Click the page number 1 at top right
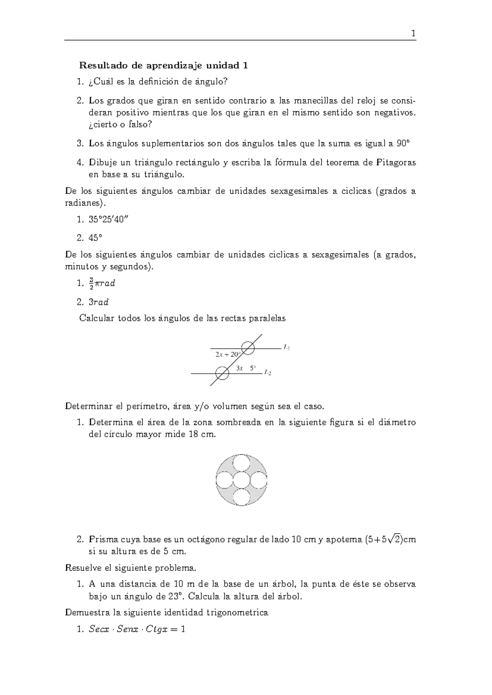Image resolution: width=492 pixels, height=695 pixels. pos(413,34)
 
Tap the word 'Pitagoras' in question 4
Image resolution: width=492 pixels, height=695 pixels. pos(395,163)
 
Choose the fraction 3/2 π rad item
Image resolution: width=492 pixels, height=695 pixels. pos(102,283)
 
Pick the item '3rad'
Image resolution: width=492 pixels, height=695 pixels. pos(98,302)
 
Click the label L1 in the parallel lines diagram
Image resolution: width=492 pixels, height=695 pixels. pos(287,347)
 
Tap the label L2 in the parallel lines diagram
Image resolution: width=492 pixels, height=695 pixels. pos(268,372)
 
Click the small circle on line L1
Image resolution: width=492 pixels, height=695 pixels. pos(248,348)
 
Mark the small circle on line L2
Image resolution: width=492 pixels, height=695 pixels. pos(222,373)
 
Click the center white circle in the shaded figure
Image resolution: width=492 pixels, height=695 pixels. pos(241,480)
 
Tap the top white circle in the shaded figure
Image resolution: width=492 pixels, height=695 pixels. pos(241,463)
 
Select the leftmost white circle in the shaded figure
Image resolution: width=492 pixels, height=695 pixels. pos(224,480)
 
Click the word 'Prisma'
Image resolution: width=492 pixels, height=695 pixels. pos(102,539)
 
